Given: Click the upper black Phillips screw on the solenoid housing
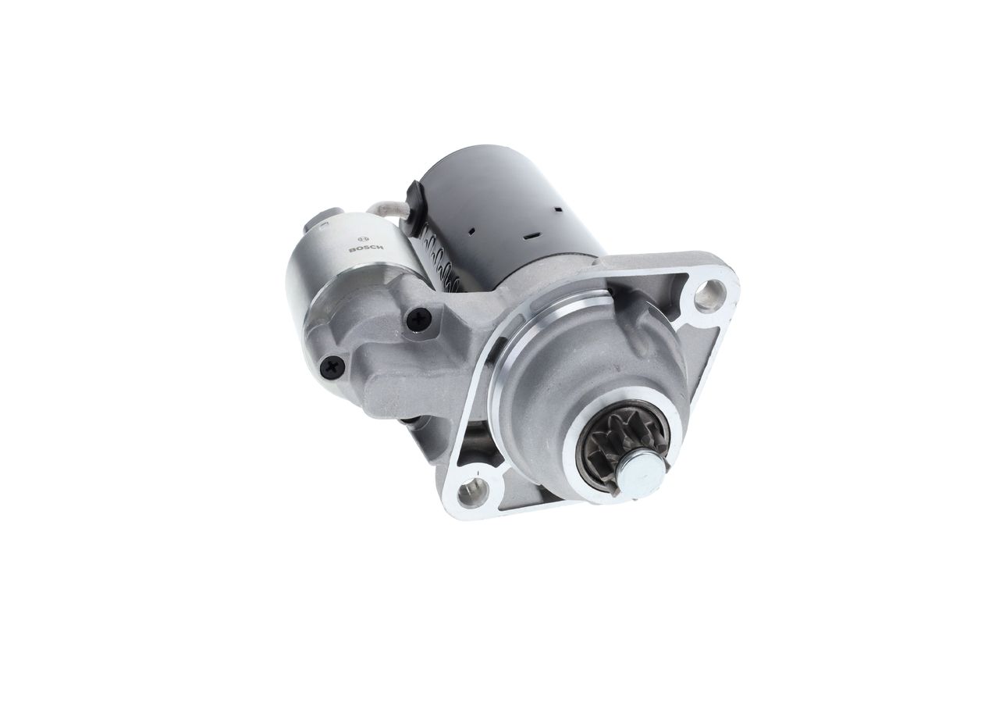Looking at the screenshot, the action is [x=419, y=319].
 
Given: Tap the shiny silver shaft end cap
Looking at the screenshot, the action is [x=642, y=477].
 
